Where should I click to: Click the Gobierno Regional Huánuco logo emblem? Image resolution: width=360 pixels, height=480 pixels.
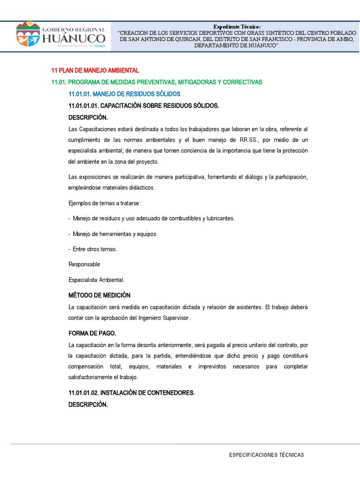28,34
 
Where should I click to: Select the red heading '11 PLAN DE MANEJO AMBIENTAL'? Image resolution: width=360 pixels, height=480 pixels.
95,70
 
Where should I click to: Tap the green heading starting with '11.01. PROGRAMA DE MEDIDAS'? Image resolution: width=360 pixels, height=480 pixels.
157,82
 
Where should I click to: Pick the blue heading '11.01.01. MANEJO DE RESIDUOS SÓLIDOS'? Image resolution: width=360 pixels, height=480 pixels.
124,94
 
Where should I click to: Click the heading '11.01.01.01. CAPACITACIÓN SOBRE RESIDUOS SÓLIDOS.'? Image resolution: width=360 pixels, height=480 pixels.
143,106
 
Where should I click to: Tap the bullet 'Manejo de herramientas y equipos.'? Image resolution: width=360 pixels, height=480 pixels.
113,233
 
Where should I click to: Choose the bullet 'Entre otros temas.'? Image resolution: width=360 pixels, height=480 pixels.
92,249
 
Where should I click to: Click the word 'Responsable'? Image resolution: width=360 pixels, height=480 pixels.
84,264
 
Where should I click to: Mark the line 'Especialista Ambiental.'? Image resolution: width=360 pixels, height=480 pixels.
97,280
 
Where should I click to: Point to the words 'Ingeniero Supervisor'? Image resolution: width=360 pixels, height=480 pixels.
161,318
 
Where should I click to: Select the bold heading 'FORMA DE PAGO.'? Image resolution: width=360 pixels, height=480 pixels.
92,333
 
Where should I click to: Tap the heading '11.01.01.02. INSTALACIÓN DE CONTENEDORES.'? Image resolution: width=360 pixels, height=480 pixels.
131,392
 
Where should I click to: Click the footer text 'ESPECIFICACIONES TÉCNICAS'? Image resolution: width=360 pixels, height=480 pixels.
266,455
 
